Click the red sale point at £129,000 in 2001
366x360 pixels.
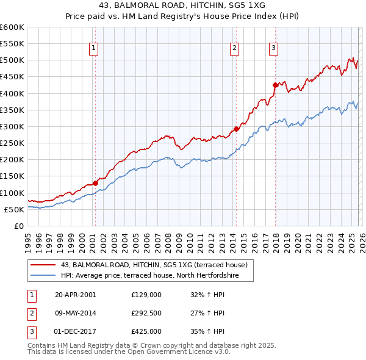point(96,183)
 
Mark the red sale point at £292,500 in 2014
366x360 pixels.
point(237,129)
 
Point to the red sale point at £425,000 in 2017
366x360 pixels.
point(275,85)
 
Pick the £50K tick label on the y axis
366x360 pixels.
point(14,209)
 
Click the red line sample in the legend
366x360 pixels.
point(44,265)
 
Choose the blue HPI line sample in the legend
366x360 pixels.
point(44,275)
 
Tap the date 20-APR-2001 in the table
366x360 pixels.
point(75,295)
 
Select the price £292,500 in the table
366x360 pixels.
point(146,313)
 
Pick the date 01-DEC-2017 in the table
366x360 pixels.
point(75,331)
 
